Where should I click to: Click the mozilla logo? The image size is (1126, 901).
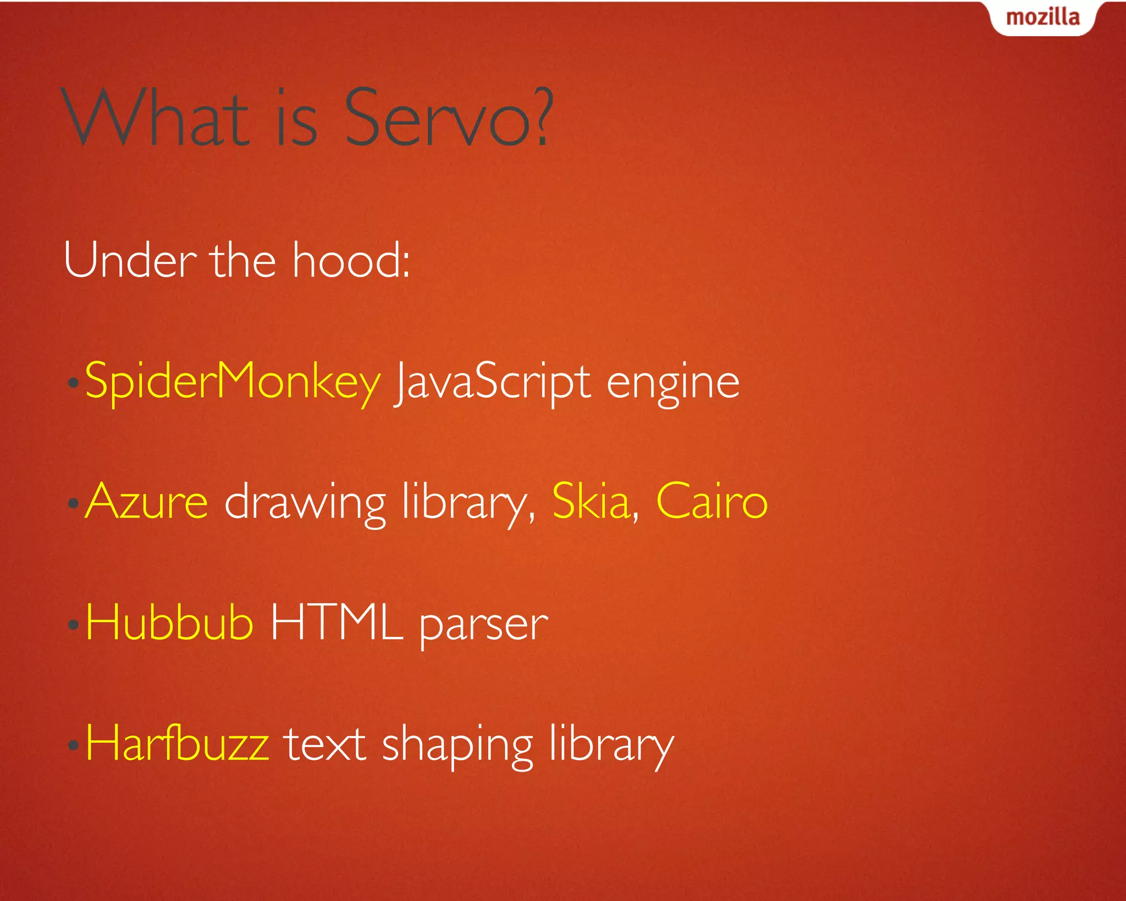[1042, 18]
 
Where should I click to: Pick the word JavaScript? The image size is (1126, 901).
[493, 382]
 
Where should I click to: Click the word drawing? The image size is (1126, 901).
[305, 503]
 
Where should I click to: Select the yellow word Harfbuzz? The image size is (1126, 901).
[178, 743]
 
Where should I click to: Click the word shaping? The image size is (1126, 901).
[457, 747]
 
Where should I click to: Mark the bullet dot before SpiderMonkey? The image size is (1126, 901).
[73, 383]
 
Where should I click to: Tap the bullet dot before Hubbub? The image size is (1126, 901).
[73, 624]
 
